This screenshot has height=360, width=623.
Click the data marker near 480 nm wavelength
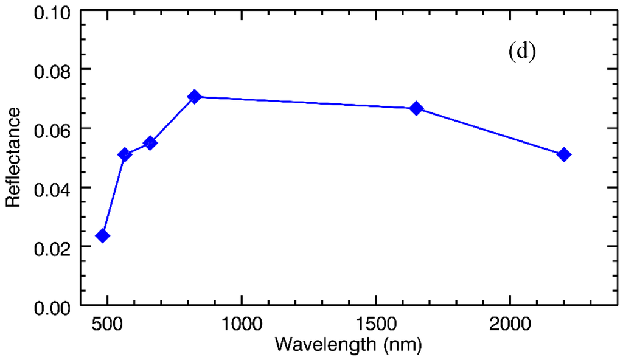click(x=102, y=236)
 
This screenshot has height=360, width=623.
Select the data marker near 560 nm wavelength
click(x=125, y=154)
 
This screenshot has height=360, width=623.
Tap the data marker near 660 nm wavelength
click(x=150, y=143)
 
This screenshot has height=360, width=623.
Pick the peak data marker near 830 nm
click(x=195, y=97)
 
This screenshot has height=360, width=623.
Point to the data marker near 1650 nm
click(x=416, y=108)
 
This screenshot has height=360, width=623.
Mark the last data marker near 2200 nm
click(x=564, y=154)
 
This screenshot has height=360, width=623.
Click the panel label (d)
click(x=521, y=52)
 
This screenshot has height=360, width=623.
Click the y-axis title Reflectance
click(x=13, y=157)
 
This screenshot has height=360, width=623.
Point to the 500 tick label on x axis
click(x=108, y=322)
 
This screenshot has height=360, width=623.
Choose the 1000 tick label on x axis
click(x=242, y=322)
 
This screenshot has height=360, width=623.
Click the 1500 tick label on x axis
click(x=375, y=322)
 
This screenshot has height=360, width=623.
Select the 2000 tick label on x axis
click(x=509, y=322)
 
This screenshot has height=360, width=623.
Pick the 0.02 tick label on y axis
click(x=54, y=247)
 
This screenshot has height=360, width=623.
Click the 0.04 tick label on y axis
click(x=54, y=188)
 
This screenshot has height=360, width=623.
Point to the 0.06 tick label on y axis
click(x=54, y=129)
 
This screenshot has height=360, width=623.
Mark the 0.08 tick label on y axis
click(x=54, y=70)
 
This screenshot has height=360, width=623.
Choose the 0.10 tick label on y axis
click(x=54, y=12)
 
